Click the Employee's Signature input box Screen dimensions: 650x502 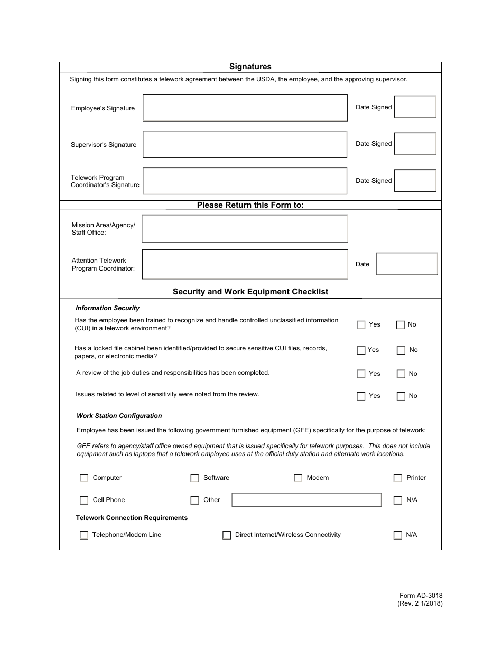[245, 108]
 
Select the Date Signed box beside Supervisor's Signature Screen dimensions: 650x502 [415, 144]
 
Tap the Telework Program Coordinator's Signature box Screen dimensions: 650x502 [245, 181]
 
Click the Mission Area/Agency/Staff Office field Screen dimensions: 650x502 [245, 228]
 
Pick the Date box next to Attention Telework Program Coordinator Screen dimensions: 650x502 [407, 264]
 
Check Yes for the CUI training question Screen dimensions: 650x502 [361, 325]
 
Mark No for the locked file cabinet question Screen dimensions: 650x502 [401, 350]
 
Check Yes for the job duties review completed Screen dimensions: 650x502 [361, 374]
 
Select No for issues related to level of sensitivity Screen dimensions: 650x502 [401, 396]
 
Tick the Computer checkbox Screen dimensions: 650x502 [84, 478]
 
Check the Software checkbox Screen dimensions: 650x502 [194, 478]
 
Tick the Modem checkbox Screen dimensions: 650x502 [298, 478]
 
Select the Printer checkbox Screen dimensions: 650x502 [398, 478]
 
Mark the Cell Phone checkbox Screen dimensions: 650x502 [84, 500]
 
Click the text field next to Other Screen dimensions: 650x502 [306, 500]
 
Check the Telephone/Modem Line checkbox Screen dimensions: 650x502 [84, 535]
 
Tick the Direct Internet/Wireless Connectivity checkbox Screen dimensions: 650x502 [227, 535]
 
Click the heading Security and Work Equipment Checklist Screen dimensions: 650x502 [250, 292]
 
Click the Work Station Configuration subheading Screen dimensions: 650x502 [119, 416]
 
